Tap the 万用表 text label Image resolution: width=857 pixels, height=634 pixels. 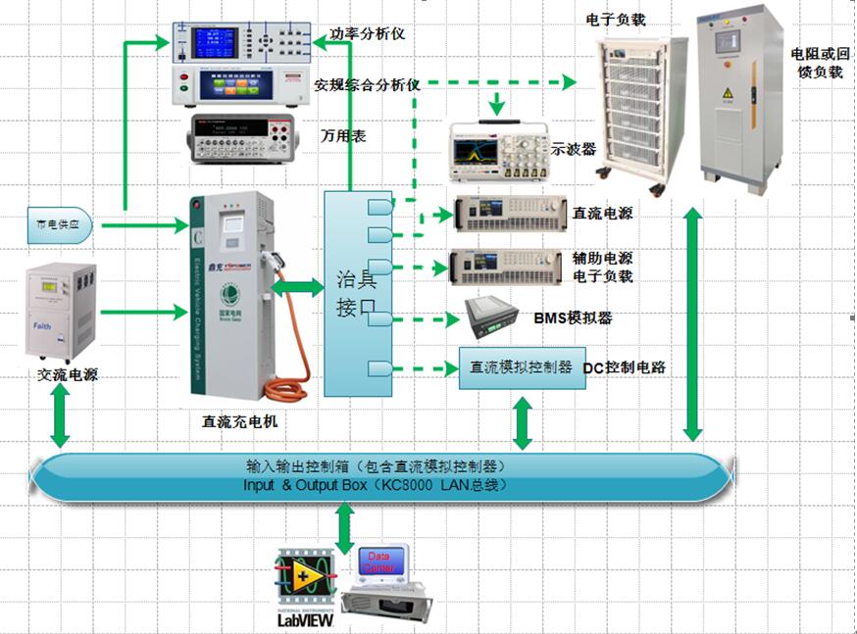[x=343, y=137]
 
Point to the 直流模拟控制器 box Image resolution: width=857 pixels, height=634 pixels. [x=522, y=367]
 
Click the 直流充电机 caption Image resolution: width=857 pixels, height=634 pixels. [x=240, y=422]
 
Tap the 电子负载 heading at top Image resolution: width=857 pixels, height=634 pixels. [x=615, y=19]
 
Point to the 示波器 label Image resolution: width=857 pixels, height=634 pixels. [x=575, y=149]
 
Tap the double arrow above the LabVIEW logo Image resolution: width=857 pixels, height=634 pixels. [x=345, y=529]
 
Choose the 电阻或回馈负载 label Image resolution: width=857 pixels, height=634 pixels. [x=816, y=63]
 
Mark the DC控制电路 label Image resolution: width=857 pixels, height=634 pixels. [x=625, y=367]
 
